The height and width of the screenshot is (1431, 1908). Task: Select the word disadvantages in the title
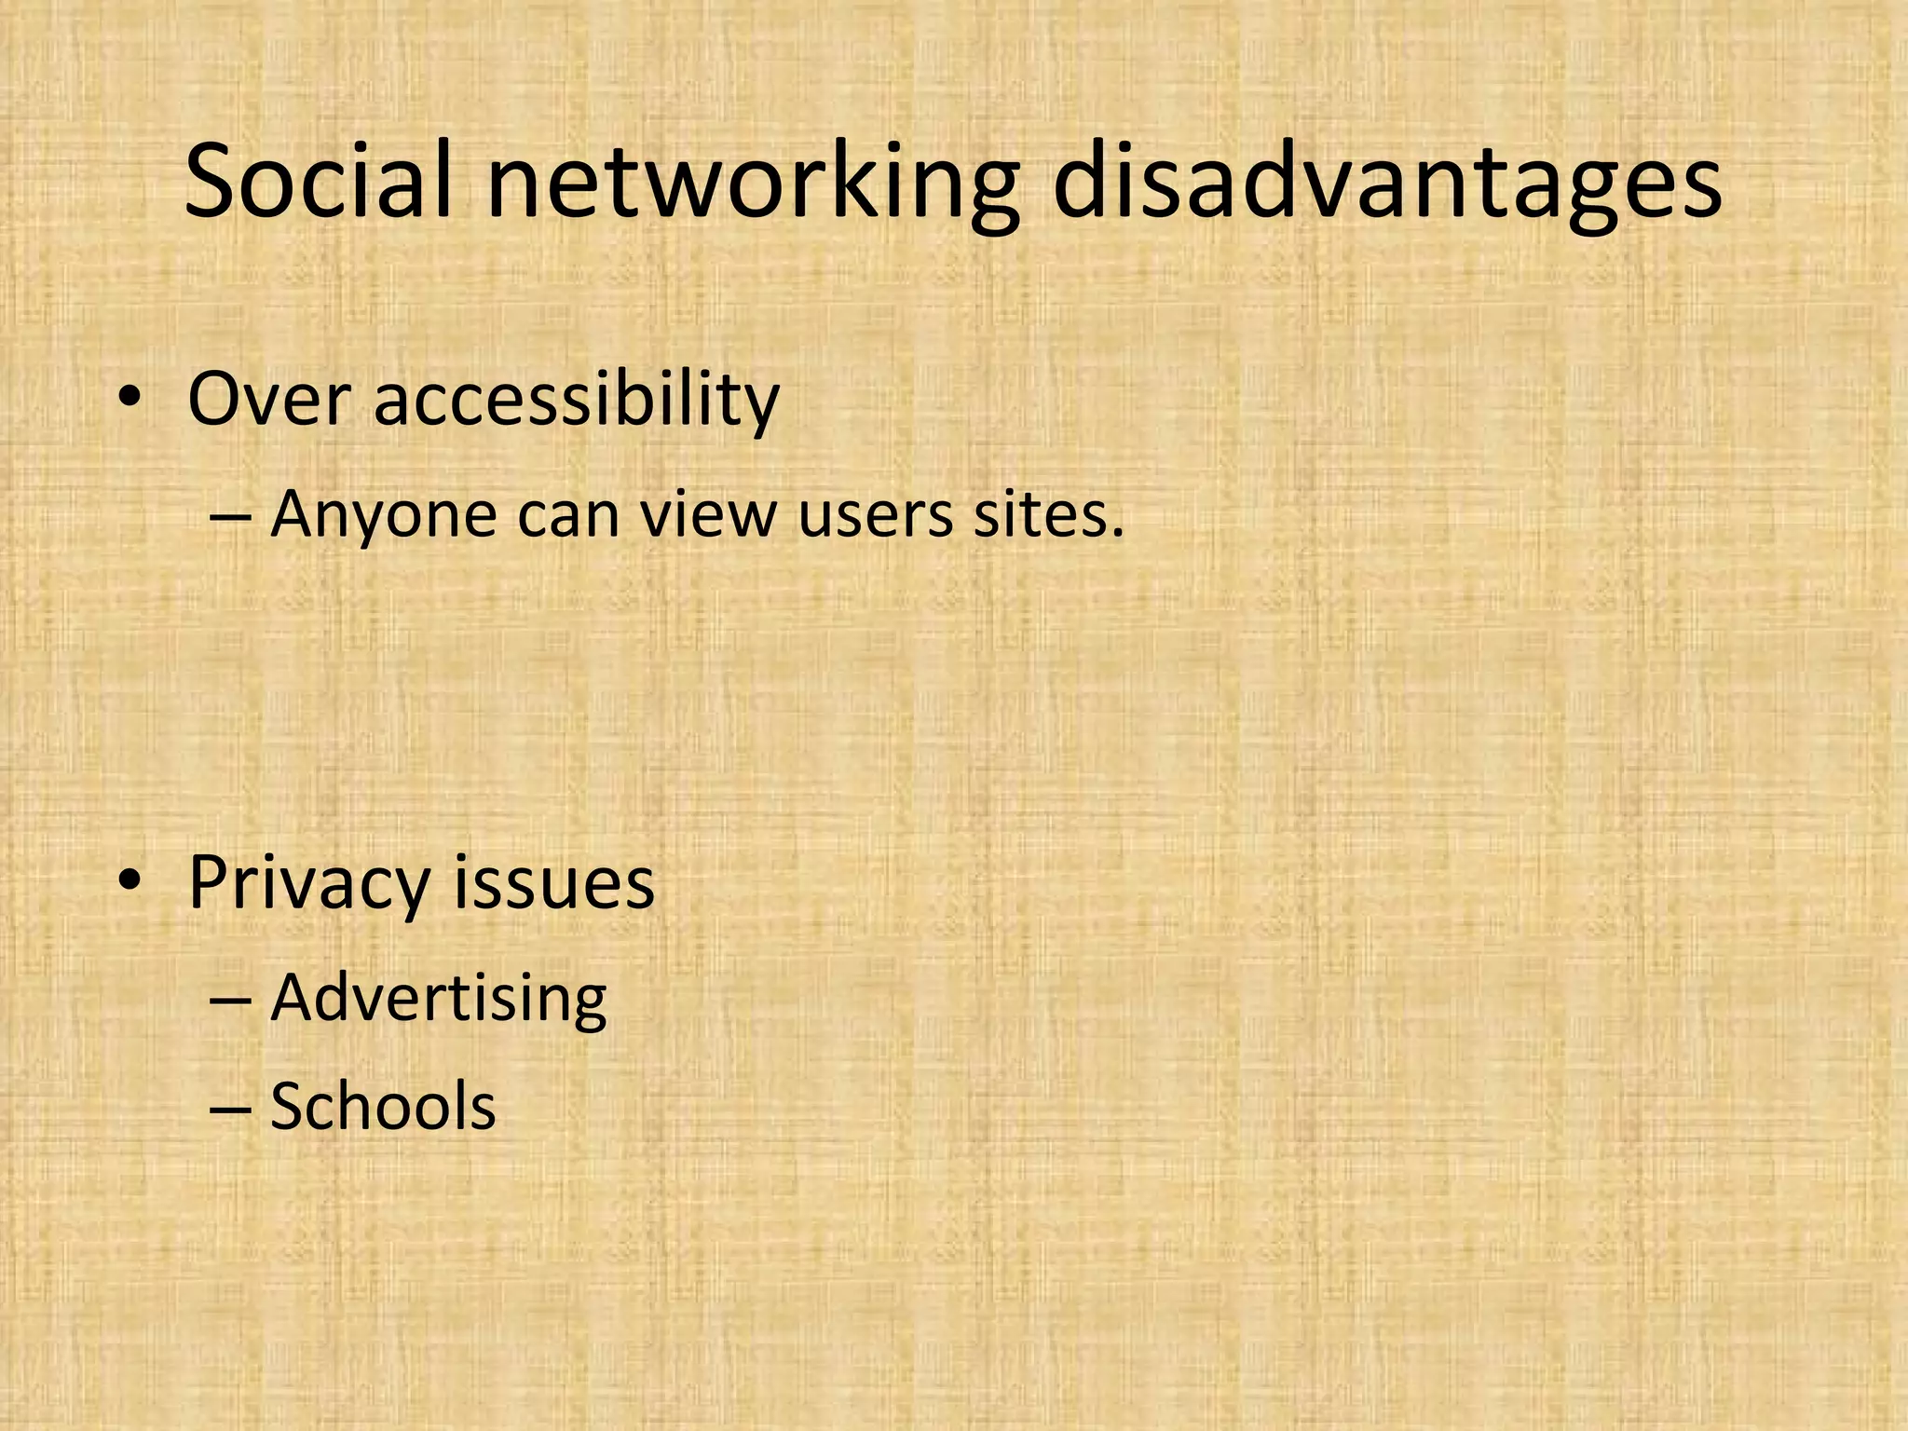click(x=1387, y=184)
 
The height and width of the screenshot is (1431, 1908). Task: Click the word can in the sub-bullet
click(x=568, y=516)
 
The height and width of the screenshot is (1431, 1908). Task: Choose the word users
click(x=876, y=516)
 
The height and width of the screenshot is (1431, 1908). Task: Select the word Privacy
click(x=308, y=883)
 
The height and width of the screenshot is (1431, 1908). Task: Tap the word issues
click(x=554, y=881)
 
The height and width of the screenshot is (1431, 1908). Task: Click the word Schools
click(x=383, y=1107)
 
